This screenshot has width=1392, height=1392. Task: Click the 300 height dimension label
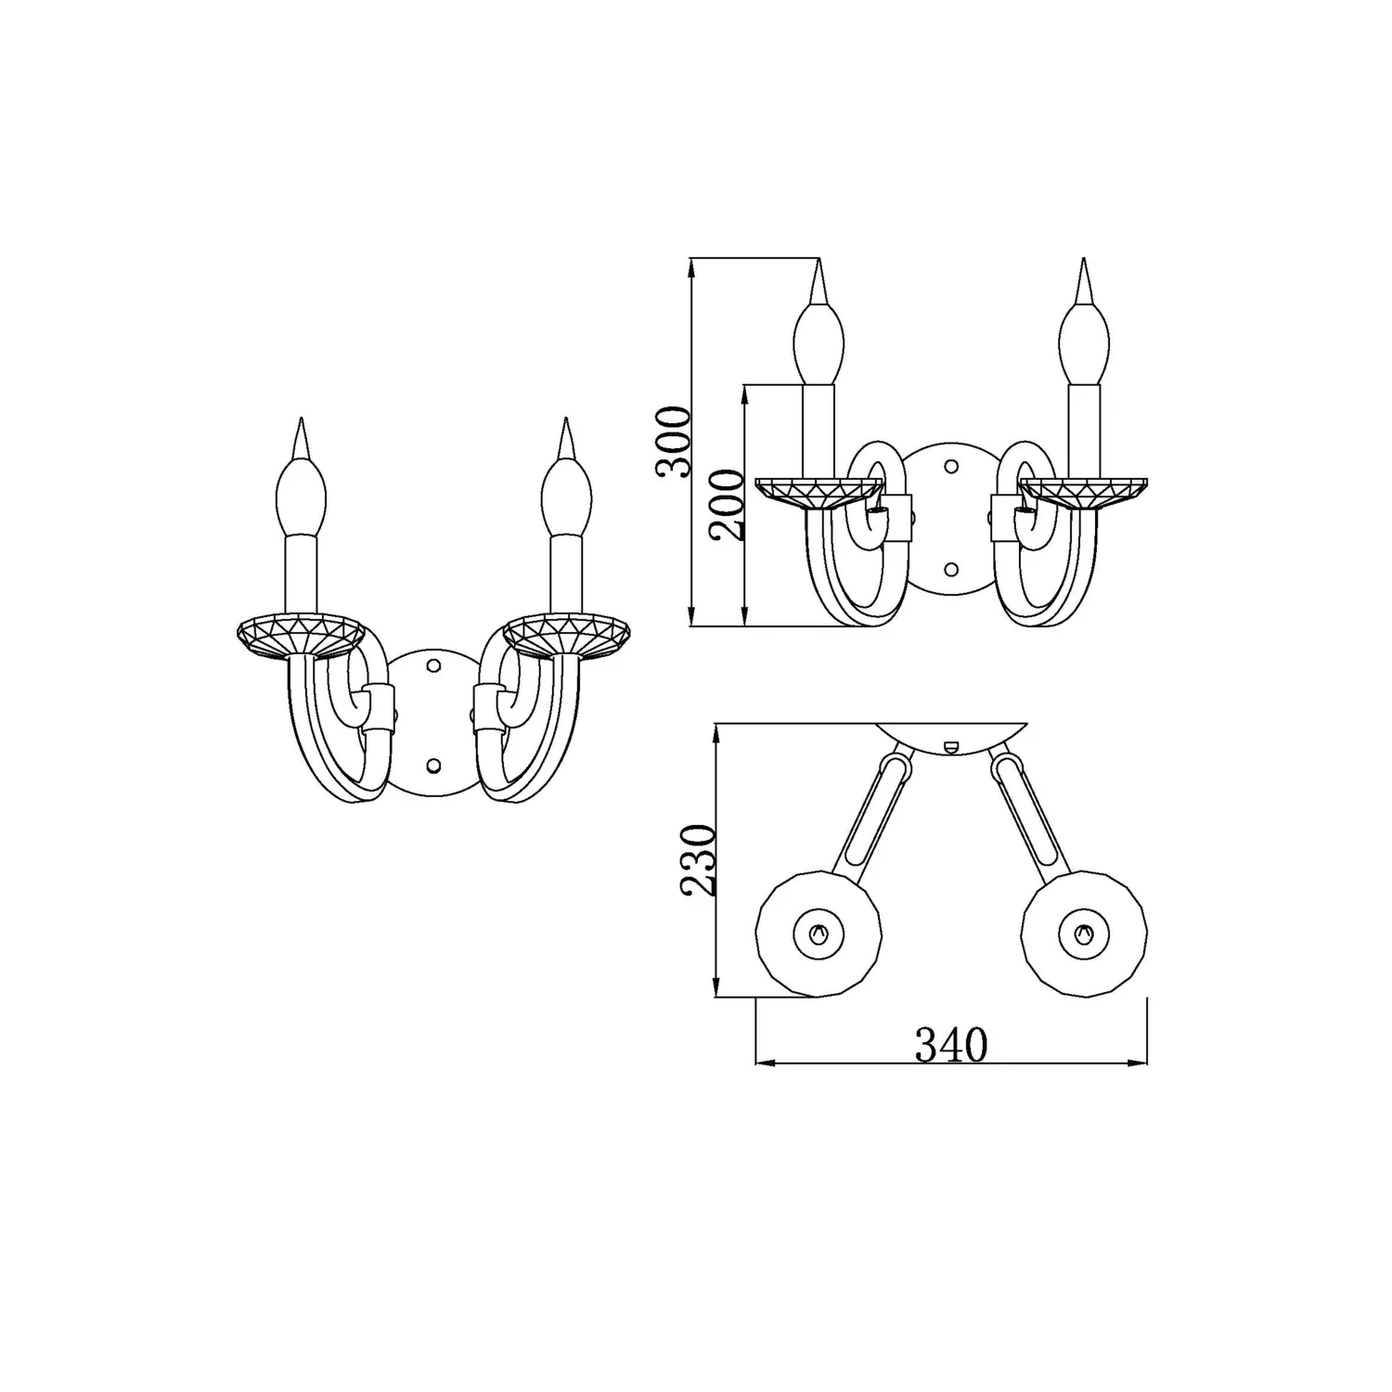click(674, 442)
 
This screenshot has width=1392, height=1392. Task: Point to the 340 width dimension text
click(952, 1045)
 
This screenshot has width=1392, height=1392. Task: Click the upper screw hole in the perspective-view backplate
click(432, 665)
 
